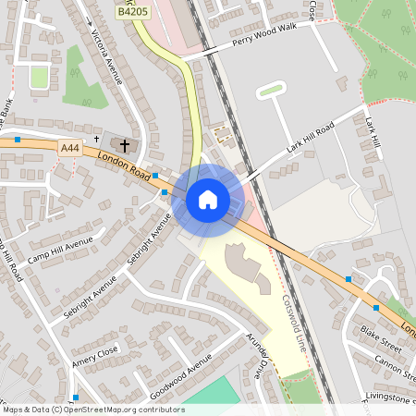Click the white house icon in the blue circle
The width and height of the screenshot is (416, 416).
pos(207,199)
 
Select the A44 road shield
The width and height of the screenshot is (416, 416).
pos(68,148)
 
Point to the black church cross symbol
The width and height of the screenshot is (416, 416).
pos(125,145)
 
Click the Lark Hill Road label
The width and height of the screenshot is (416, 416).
pos(312,139)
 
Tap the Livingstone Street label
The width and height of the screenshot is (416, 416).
pos(386,398)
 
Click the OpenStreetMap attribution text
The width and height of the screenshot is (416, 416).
pos(92,410)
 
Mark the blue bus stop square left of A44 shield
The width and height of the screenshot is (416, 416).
pos(18,140)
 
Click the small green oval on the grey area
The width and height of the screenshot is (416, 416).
pos(269,90)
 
